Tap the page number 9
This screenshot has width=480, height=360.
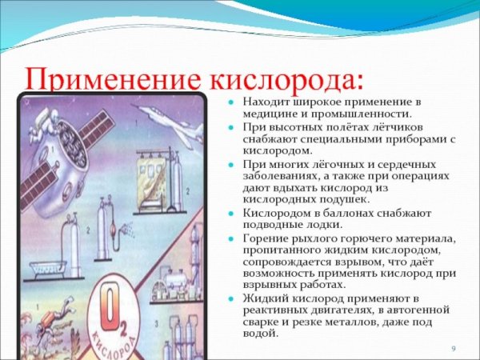click(x=453, y=349)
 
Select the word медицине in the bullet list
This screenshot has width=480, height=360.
click(x=267, y=114)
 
